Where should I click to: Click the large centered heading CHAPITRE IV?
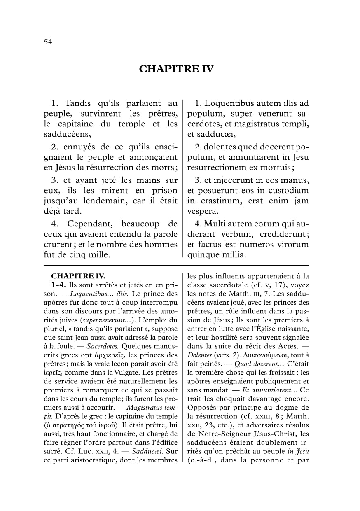click(176, 69)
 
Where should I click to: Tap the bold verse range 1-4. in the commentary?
click(59, 285)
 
